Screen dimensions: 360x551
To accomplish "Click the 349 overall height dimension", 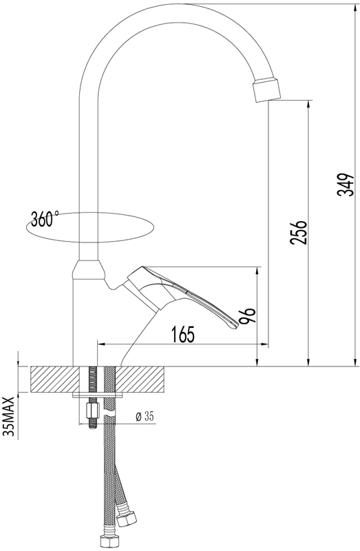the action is coord(346,185).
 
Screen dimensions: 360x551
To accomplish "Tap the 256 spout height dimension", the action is coord(299,233).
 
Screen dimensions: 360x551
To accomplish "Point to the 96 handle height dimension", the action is coord(247,316).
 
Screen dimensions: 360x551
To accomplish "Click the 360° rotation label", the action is coord(45,219).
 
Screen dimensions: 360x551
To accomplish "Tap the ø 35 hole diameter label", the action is coord(145,417).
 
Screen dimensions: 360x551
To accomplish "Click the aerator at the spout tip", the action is coord(267,91).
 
